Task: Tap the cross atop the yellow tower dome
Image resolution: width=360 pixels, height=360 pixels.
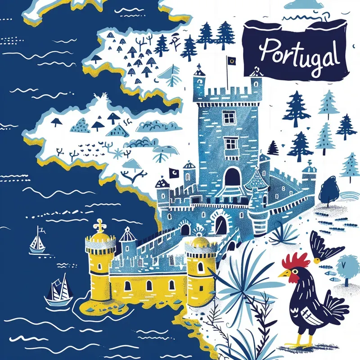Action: [99, 224]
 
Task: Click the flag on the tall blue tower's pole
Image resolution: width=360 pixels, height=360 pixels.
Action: [231, 60]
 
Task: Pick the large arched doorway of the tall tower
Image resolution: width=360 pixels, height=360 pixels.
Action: [232, 176]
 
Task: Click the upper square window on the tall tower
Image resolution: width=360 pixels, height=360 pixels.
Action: [229, 117]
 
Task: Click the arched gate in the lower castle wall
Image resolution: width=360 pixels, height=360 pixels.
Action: [220, 224]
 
